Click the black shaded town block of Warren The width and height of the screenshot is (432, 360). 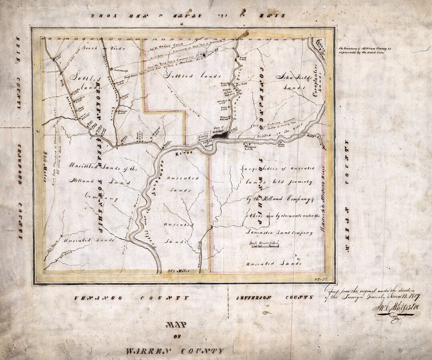[220, 135]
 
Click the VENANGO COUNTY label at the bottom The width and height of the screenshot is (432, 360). [132, 298]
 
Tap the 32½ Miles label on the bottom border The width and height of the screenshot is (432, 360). [180, 272]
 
